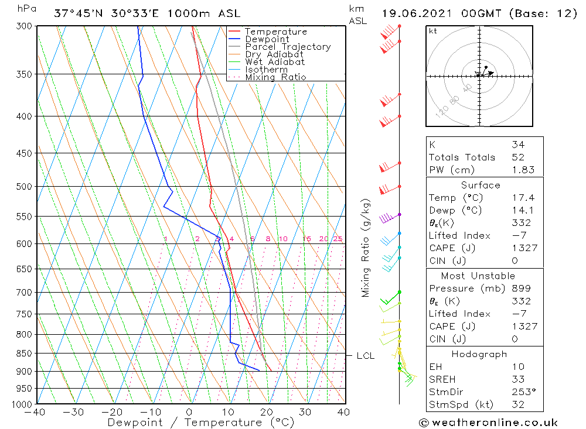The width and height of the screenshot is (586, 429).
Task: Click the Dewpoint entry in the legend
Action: (x=267, y=39)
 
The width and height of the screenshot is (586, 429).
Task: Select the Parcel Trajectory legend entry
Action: (x=288, y=47)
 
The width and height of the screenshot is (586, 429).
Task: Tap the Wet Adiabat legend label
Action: (x=274, y=62)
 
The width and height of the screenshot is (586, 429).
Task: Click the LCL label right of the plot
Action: (x=365, y=356)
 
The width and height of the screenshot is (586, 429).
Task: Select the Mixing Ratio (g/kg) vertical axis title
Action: (x=366, y=248)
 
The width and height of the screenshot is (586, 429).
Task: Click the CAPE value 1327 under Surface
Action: (x=523, y=248)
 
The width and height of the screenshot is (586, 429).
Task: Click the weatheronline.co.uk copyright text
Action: (x=488, y=423)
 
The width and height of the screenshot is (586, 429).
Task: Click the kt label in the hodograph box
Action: (x=433, y=31)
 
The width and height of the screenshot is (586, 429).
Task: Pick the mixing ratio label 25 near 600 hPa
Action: (x=338, y=239)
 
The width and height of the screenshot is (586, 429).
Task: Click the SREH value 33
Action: (x=517, y=379)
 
